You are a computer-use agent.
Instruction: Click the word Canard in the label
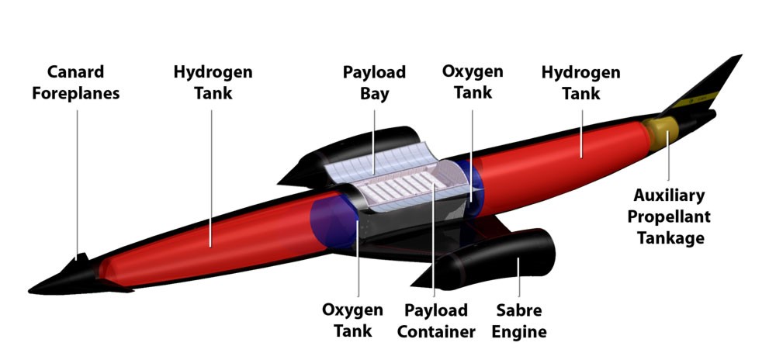[76, 71]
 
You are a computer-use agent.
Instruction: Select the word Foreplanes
[76, 93]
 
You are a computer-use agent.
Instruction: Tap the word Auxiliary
[669, 196]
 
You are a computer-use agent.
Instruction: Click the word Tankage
[670, 238]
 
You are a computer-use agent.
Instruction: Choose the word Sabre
[519, 310]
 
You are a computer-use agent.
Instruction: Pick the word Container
[436, 331]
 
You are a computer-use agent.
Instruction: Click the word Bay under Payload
[374, 93]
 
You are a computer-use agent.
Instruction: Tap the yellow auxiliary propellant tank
[660, 133]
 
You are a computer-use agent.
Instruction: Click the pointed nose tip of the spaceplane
[29, 290]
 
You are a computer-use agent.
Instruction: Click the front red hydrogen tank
[213, 242]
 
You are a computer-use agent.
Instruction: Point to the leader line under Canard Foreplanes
[77, 183]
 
